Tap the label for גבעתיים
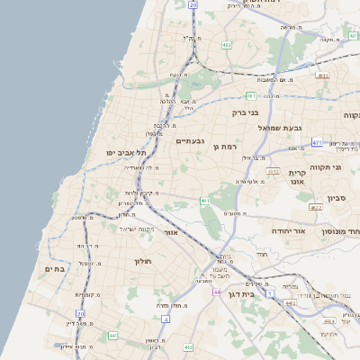190,140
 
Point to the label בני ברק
245,112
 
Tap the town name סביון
337,197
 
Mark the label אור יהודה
288,230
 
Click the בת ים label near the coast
55,268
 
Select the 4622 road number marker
316,208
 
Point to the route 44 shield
217,292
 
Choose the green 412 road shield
187,346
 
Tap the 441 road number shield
112,335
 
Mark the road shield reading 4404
328,319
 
